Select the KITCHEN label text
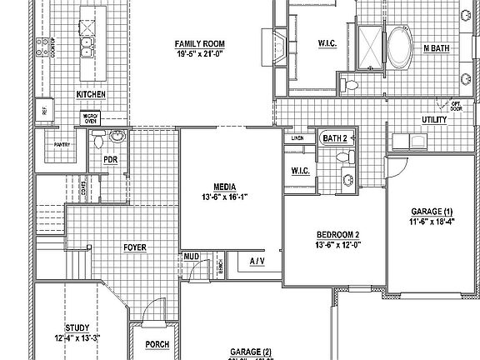pyautogui.click(x=90, y=95)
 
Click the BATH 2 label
pyautogui.click(x=334, y=137)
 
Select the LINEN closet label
pyautogui.click(x=297, y=137)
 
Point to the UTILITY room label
pyautogui.click(x=434, y=120)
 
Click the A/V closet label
pyautogui.click(x=257, y=262)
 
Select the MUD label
pyautogui.click(x=191, y=256)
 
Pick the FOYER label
pyautogui.click(x=136, y=247)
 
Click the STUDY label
pyautogui.click(x=77, y=327)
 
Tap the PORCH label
pyautogui.click(x=156, y=344)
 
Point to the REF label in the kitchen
pyautogui.click(x=43, y=109)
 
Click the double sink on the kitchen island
pyautogui.click(x=85, y=45)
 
